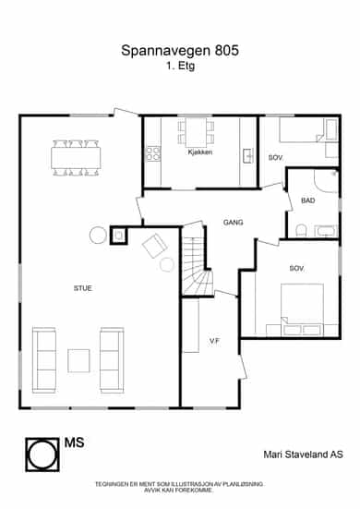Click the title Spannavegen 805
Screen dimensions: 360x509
tap(180, 50)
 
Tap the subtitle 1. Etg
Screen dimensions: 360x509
tap(181, 66)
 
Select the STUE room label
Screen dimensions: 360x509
tap(83, 288)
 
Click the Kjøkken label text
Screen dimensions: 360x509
tap(200, 151)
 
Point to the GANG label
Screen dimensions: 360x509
tap(233, 223)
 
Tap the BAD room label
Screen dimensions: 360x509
tap(307, 200)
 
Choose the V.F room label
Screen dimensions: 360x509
tap(215, 341)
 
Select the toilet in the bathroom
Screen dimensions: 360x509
tap(301, 230)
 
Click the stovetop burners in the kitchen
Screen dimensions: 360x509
tap(153, 154)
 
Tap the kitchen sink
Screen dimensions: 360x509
tap(247, 155)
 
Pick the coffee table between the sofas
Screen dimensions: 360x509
tap(78, 360)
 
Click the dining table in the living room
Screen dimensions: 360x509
tap(76, 158)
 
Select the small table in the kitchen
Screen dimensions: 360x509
tap(196, 132)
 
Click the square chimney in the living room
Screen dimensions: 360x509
tap(118, 236)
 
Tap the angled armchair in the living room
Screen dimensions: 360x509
tap(155, 246)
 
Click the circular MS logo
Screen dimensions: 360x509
tap(42, 454)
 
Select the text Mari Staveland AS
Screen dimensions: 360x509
tap(304, 454)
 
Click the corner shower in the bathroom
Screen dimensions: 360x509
tap(326, 181)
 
